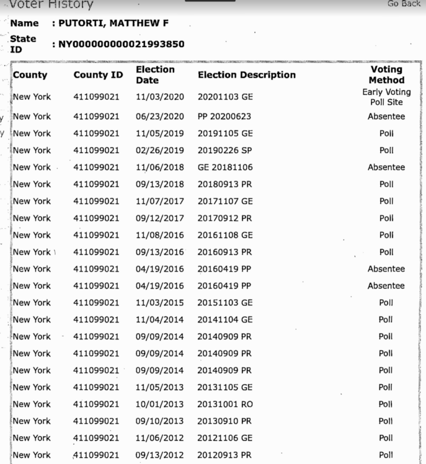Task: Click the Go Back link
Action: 404,4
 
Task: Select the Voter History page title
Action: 51,5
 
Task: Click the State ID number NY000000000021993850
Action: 121,44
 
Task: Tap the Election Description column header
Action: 246,75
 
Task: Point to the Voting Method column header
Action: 386,75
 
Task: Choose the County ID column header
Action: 98,75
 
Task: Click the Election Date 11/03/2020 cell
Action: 160,97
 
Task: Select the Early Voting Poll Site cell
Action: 386,97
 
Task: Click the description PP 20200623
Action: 224,116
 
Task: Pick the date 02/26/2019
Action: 160,150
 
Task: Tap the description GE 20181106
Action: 225,167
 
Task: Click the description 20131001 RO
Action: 225,404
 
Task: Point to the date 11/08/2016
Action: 160,235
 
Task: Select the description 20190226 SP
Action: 225,150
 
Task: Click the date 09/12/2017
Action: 160,218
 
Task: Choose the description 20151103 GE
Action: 225,303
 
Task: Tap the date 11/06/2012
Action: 160,438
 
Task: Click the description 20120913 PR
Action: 224,455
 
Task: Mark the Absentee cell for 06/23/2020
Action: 386,116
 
